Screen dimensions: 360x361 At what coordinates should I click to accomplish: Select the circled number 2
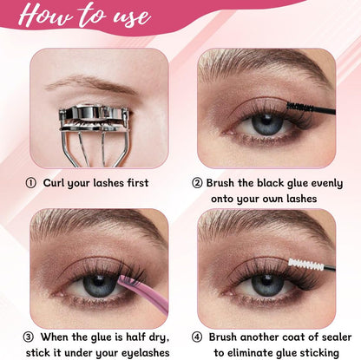pyautogui.click(x=198, y=183)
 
